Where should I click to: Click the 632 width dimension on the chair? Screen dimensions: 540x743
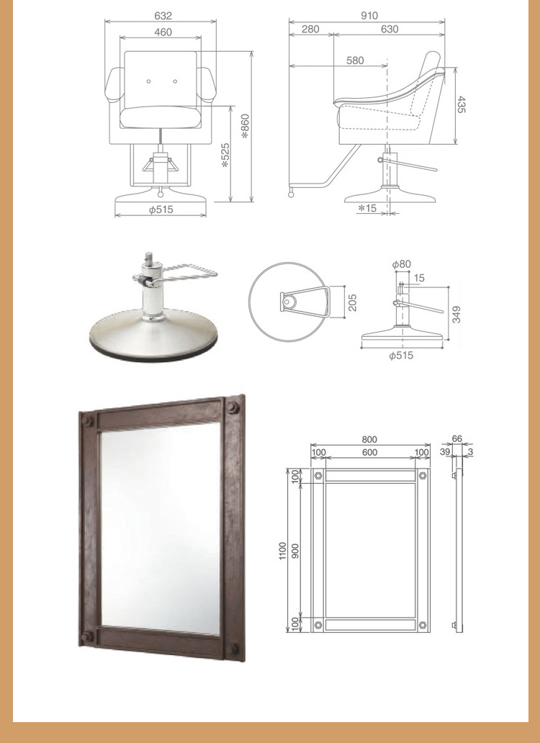point(163,16)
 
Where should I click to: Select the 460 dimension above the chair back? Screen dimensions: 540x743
point(163,32)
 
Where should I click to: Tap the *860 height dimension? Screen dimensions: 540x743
point(245,126)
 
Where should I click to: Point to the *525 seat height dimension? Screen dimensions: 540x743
point(225,156)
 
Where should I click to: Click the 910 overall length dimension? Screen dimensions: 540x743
point(369,16)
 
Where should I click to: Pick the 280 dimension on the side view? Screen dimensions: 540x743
point(310,29)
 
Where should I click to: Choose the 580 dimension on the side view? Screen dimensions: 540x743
point(355,60)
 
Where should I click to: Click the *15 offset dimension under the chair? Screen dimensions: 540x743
point(367,207)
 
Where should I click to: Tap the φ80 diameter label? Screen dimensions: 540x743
point(402,264)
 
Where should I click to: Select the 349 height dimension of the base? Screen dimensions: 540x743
point(456,315)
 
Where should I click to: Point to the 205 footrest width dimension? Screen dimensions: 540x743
point(352,303)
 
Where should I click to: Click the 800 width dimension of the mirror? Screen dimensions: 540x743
point(369,439)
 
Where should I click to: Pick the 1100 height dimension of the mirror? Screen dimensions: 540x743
point(283,551)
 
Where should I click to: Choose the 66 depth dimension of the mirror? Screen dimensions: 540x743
point(456,438)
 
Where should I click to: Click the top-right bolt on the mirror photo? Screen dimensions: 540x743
point(233,407)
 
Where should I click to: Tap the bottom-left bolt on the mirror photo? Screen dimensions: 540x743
point(86,636)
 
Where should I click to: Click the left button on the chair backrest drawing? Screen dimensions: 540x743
point(149,81)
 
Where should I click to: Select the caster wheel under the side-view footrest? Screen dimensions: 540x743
point(290,194)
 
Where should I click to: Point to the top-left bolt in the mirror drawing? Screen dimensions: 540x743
point(318,475)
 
